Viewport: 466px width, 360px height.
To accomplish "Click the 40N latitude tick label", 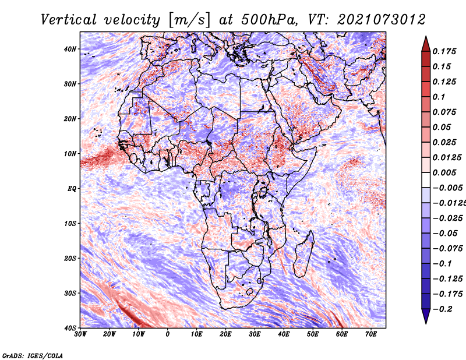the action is point(70,49).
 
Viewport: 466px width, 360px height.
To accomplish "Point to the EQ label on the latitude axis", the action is point(72,189).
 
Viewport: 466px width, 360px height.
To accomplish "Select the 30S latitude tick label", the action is point(70,294).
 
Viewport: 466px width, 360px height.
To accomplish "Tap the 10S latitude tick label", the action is point(70,224).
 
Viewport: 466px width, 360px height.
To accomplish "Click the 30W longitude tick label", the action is point(80,334).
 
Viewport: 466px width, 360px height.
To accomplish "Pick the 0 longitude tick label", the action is point(168,334).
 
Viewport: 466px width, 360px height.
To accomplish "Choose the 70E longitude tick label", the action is point(371,334).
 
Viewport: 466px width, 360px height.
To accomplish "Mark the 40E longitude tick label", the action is point(284,334).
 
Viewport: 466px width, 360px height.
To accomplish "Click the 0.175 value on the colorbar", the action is point(444,52).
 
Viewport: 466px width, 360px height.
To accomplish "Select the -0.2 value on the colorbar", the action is point(442,309).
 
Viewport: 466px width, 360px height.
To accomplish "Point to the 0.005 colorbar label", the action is point(444,172).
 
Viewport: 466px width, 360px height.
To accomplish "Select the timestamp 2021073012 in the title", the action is point(381,20).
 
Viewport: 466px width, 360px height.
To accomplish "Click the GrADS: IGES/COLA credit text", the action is point(33,356).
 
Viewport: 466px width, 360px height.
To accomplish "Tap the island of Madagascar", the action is point(303,254).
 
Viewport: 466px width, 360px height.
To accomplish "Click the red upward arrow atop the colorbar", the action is point(426,44).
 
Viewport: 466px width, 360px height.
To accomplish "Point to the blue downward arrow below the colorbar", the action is point(426,316).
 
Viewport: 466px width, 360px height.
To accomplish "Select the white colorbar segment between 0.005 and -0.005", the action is point(426,180).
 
